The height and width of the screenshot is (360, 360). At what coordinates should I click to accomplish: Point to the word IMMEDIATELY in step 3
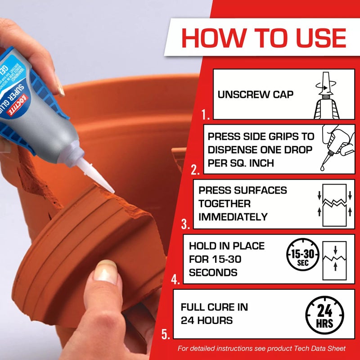pyautogui.click(x=233, y=217)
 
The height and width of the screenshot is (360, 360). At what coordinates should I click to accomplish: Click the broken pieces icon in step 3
pyautogui.click(x=334, y=204)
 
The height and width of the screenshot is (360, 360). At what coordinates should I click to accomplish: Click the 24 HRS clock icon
pyautogui.click(x=324, y=315)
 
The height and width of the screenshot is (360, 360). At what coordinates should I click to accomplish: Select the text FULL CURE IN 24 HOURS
pyautogui.click(x=214, y=314)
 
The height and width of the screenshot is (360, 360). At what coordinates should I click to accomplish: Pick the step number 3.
pyautogui.click(x=185, y=224)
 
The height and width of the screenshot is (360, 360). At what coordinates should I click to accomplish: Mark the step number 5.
pyautogui.click(x=166, y=334)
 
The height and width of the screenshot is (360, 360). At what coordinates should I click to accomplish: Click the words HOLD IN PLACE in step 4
pyautogui.click(x=226, y=246)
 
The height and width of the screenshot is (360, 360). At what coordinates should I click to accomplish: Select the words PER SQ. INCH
pyautogui.click(x=240, y=163)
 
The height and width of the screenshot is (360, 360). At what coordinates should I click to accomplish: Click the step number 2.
pyautogui.click(x=195, y=170)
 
